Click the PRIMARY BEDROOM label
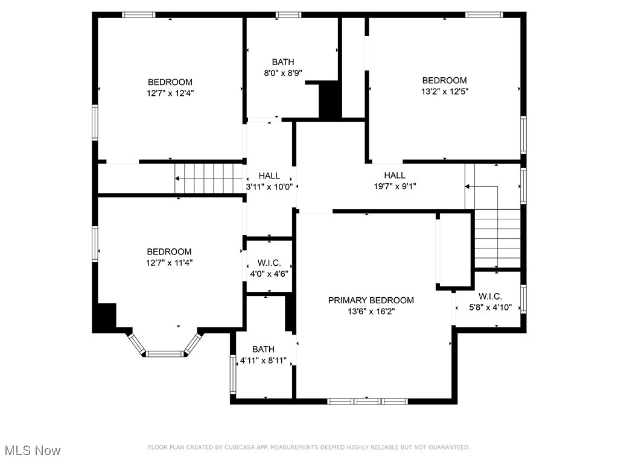pos(371,300)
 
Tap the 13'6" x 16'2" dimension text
pos(371,312)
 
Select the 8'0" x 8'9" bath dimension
pos(283,73)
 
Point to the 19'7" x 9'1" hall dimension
pos(395,186)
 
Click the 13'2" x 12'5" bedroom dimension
pos(445,92)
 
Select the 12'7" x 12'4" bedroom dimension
pos(170,93)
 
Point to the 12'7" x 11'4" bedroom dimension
pos(170,263)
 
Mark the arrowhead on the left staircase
pos(177,178)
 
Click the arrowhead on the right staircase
pos(468,186)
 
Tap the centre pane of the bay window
pos(165,353)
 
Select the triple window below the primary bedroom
pos(368,402)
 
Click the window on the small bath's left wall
pos(233,374)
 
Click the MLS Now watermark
pos(33,450)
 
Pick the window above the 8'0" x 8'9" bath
pos(288,15)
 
